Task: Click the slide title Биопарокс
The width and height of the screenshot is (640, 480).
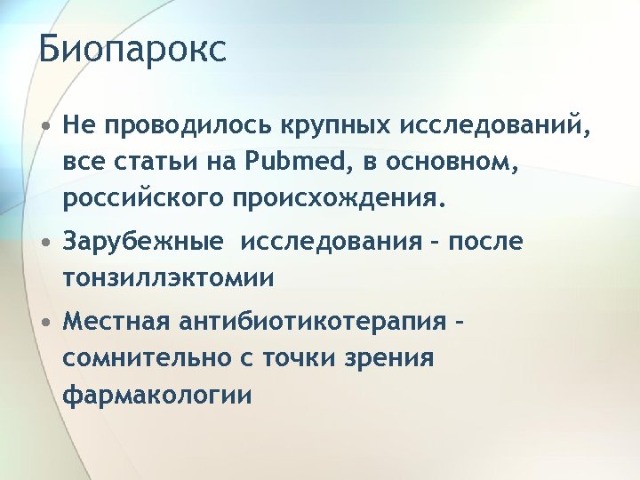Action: point(132,50)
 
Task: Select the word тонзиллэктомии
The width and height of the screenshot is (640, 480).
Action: point(167,278)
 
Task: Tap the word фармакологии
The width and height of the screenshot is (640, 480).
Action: point(156,394)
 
